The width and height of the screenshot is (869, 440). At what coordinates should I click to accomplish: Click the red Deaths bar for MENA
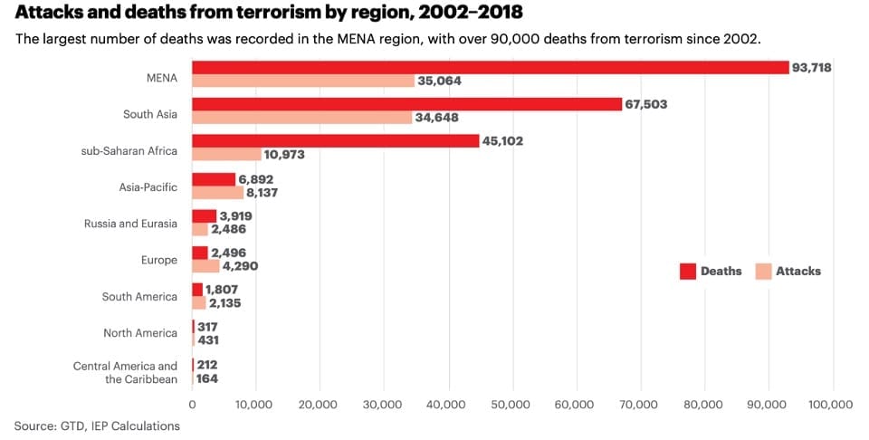[490, 67]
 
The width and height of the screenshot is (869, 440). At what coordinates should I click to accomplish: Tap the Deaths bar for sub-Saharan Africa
[335, 141]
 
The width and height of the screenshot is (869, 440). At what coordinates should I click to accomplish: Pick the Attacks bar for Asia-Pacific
[217, 192]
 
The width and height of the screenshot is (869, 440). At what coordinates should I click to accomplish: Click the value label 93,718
[811, 68]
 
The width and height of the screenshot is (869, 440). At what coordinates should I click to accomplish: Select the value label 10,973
[284, 155]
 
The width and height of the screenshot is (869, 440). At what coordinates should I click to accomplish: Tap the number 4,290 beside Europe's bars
[241, 266]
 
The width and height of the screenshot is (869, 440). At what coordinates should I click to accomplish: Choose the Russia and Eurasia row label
[130, 223]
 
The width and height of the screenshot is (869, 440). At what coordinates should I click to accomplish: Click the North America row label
[139, 333]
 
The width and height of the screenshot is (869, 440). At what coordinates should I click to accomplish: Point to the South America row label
[139, 296]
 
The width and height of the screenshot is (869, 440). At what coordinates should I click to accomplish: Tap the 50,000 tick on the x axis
[512, 405]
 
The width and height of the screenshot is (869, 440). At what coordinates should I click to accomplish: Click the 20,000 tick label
[320, 405]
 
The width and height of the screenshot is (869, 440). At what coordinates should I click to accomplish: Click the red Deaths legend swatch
[687, 271]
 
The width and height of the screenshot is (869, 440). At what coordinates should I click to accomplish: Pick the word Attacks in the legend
[797, 271]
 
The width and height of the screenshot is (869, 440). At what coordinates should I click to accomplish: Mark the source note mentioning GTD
[97, 426]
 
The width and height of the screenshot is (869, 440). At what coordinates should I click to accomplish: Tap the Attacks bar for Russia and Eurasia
[200, 229]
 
